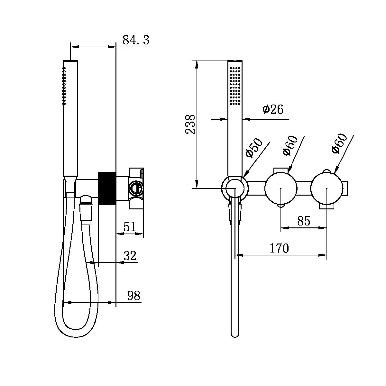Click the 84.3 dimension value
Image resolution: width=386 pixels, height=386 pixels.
coord(136,40)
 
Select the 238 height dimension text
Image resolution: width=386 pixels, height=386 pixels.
coord(190,124)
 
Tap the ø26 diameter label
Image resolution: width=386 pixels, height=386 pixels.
coord(273,109)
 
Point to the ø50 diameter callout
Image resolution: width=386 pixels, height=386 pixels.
coord(254,148)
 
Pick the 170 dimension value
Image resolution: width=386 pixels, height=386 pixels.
coord(279,248)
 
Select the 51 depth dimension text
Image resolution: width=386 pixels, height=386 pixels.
coord(130,227)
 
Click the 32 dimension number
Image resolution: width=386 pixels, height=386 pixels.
coord(130,256)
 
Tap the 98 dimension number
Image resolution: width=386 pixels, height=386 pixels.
coord(134,295)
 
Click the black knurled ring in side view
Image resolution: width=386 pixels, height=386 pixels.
coord(107,188)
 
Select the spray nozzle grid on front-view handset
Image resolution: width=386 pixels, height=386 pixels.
coord(235,85)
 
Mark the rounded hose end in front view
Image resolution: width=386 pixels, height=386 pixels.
coord(235,333)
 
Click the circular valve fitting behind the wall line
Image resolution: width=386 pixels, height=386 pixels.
coord(135,187)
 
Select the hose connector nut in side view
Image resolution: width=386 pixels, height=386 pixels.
coord(86,206)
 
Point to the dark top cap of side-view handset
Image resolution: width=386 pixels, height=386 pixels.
coord(70,60)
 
